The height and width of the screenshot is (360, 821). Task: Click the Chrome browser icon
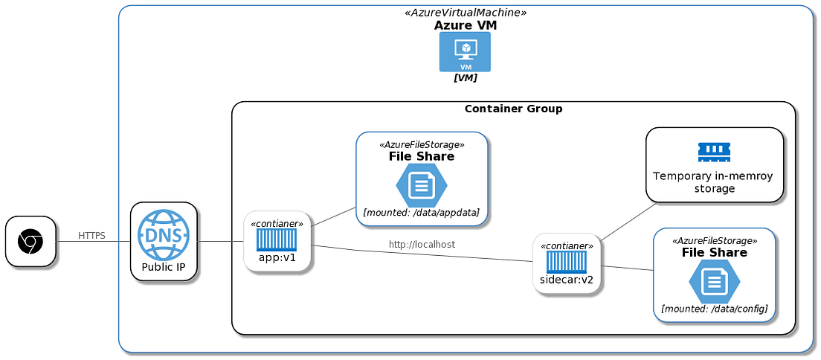[30, 241]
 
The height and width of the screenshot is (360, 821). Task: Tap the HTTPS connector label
[91, 236]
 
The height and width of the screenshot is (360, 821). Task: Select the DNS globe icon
[164, 234]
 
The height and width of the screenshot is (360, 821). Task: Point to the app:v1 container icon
[277, 240]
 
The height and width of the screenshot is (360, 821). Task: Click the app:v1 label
[277, 258]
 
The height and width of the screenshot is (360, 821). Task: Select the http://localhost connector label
[422, 244]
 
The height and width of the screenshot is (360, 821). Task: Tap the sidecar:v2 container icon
[567, 262]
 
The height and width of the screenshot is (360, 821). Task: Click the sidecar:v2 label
[567, 280]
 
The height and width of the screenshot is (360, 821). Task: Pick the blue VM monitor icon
[465, 52]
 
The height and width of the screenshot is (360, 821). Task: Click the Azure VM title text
[466, 25]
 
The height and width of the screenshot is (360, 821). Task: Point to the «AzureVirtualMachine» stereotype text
[466, 13]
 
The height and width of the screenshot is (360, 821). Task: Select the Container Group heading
[513, 109]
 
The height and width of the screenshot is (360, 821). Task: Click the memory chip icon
[714, 152]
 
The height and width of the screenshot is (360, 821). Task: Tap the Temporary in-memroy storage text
[714, 182]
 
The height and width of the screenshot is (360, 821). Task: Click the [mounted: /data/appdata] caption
[421, 213]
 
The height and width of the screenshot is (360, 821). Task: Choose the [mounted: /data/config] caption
[714, 308]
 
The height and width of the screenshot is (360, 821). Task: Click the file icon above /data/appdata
[422, 185]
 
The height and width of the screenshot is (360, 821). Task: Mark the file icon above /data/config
[714, 281]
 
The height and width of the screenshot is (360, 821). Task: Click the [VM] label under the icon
[466, 77]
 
